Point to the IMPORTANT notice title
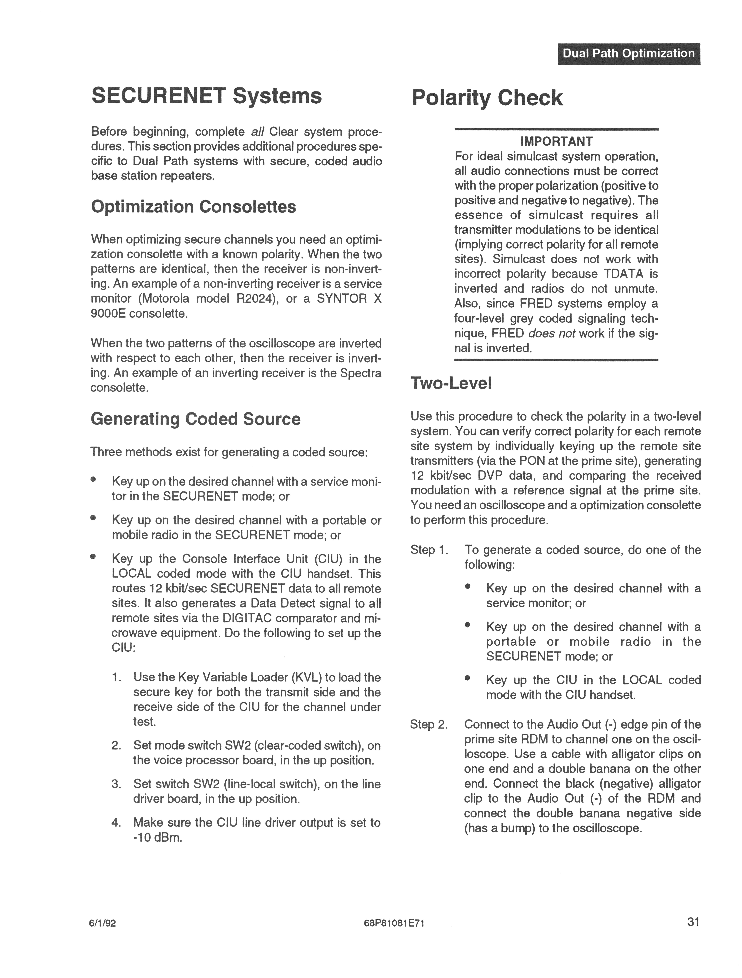pos(556,142)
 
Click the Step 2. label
pos(429,724)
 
